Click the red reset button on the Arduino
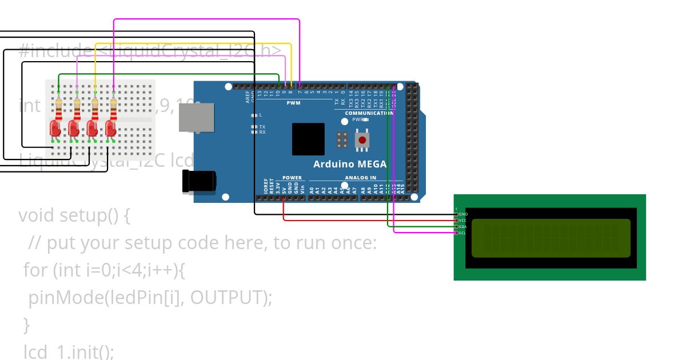(x=361, y=140)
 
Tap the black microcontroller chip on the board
(x=309, y=139)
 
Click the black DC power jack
(x=198, y=181)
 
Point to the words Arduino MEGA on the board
(x=350, y=164)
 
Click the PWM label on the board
(x=293, y=103)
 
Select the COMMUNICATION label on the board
(x=369, y=113)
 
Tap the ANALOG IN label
(x=360, y=178)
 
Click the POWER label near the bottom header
(x=292, y=178)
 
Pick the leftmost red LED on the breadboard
(x=55, y=127)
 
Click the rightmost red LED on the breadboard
(x=111, y=127)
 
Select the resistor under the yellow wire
(x=95, y=107)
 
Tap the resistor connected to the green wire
(x=58, y=107)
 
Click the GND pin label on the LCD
(x=463, y=214)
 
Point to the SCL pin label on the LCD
(x=462, y=233)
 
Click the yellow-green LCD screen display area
(x=551, y=238)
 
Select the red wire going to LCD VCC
(x=366, y=220)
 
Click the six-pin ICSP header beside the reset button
(x=343, y=139)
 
